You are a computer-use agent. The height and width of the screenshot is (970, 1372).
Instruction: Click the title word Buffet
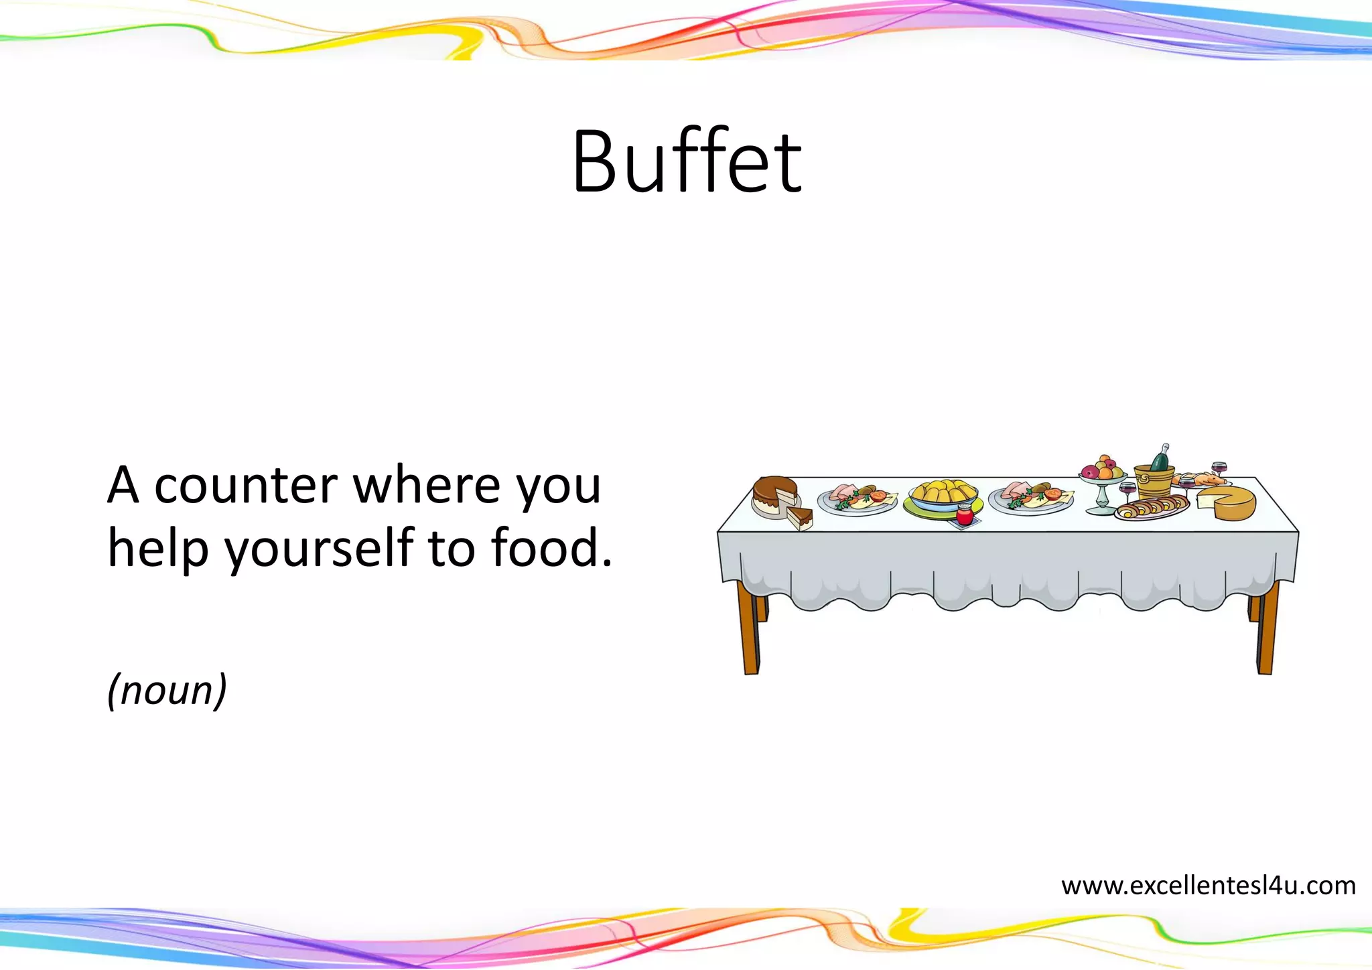[687, 162]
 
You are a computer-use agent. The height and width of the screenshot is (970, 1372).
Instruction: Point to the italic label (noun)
[167, 690]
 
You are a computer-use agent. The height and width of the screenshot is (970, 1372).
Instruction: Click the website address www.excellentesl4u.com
[1208, 886]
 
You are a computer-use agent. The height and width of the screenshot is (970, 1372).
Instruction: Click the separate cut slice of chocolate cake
[800, 518]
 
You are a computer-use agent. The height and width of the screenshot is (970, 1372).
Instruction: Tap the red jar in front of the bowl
[964, 515]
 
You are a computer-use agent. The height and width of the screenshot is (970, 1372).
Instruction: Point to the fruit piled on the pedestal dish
[1102, 468]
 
